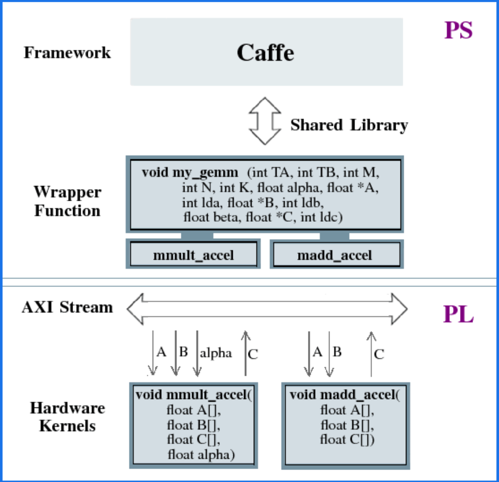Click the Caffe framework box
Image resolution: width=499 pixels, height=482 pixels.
tap(266, 52)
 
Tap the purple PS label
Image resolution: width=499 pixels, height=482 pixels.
tap(458, 31)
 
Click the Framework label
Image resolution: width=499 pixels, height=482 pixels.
tap(67, 53)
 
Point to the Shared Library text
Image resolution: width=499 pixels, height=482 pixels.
tap(349, 125)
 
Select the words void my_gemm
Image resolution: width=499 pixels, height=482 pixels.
tap(189, 173)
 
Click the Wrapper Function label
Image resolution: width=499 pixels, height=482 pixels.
tap(67, 201)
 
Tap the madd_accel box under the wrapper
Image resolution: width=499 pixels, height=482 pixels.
tap(335, 254)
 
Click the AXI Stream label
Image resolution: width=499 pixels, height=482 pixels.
tap(67, 307)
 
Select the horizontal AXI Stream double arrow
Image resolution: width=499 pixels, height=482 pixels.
tap(267, 308)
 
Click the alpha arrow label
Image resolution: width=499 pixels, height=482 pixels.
tap(215, 353)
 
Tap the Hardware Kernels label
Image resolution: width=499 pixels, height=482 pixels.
tap(67, 416)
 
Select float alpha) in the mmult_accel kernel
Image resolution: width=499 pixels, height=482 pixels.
tap(201, 454)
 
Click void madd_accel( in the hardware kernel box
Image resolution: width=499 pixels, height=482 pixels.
tap(344, 394)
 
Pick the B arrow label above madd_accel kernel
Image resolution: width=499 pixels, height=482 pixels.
tap(337, 352)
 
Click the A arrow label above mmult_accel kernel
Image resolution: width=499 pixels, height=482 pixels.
tap(161, 352)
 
